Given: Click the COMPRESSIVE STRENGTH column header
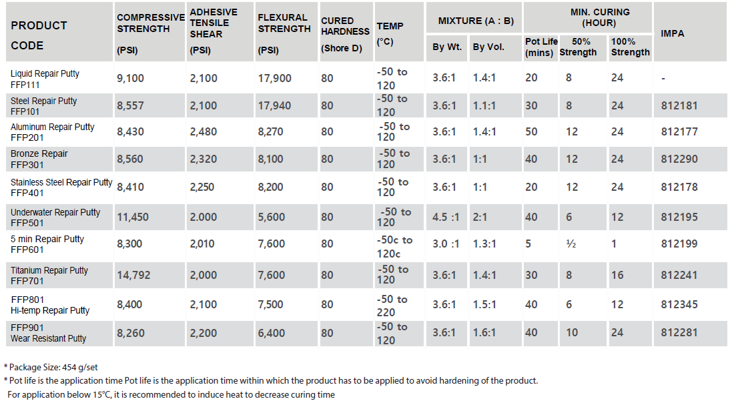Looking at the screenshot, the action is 150,23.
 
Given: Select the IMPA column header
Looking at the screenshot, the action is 672,33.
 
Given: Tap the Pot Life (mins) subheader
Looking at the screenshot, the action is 540,47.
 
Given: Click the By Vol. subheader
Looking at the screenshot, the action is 488,47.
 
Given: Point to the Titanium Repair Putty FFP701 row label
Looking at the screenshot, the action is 49,276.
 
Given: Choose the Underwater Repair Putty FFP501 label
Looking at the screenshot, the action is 55,218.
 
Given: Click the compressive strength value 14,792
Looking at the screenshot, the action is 133,275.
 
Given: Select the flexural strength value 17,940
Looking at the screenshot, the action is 274,105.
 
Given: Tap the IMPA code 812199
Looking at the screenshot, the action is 679,244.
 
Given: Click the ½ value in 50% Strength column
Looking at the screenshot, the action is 571,244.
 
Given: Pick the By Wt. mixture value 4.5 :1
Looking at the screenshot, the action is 446,217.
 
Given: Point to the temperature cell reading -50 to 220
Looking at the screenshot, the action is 392,306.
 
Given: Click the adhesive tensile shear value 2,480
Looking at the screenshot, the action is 203,131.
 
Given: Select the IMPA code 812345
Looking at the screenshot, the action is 679,304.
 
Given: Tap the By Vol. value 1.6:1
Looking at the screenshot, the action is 484,332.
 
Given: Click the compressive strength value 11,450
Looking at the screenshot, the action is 133,217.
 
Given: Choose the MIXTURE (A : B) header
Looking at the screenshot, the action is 476,21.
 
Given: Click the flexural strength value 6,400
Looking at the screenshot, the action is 271,333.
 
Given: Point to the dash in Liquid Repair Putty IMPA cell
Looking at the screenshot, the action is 663,79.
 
